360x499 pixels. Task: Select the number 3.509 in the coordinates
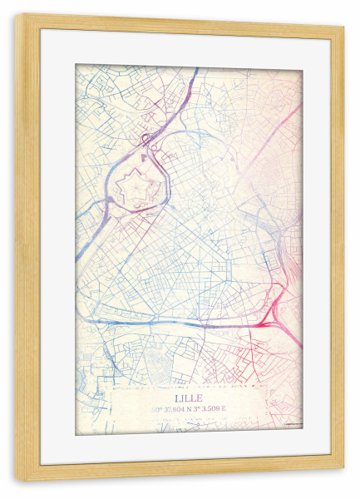click(x=213, y=408)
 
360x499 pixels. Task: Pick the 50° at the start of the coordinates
click(x=155, y=408)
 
